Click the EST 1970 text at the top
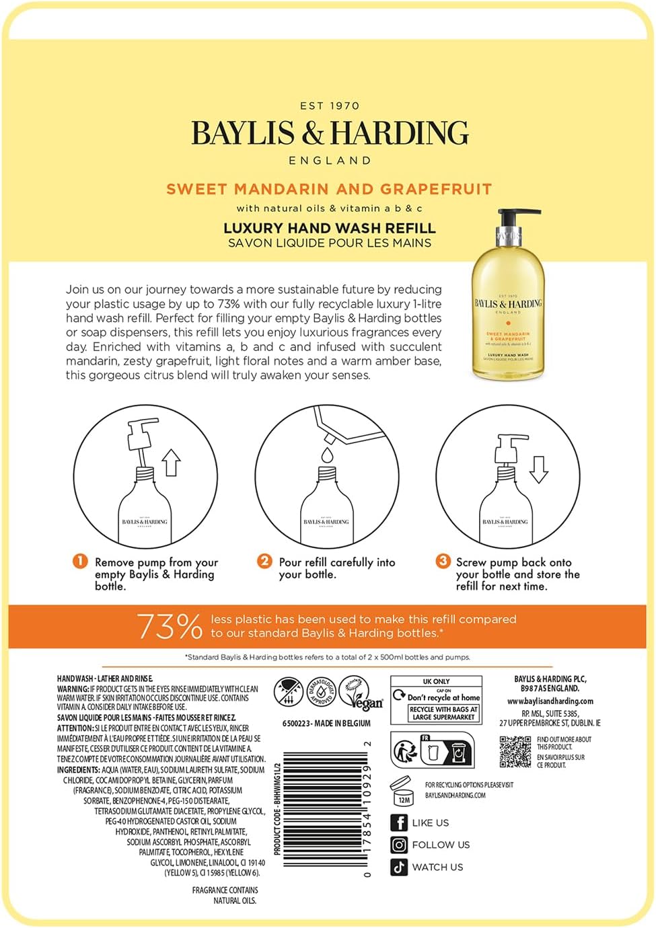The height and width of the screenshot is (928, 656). tap(330, 106)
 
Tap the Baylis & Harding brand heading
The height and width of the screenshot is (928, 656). tap(330, 133)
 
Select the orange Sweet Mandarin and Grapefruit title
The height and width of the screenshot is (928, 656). tap(329, 189)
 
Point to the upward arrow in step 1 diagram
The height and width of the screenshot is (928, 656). tap(172, 463)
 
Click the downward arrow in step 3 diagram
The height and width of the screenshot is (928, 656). tap(539, 469)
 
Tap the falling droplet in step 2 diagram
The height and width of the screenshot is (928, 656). tap(327, 455)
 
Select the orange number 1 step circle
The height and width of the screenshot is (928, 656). tap(80, 561)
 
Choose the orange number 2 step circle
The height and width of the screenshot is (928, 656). tap(265, 561)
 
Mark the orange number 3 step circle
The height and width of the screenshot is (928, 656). tap(443, 561)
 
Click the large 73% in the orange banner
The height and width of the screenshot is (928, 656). tap(170, 626)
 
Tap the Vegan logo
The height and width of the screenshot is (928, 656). tap(360, 695)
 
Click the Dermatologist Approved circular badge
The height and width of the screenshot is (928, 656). tap(322, 692)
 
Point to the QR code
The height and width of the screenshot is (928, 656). tap(515, 752)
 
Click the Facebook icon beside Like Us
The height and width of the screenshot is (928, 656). tap(399, 822)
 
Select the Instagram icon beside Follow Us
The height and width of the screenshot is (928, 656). tap(399, 845)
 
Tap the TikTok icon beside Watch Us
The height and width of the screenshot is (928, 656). tap(399, 867)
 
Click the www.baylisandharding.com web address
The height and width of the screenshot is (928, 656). tap(550, 701)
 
